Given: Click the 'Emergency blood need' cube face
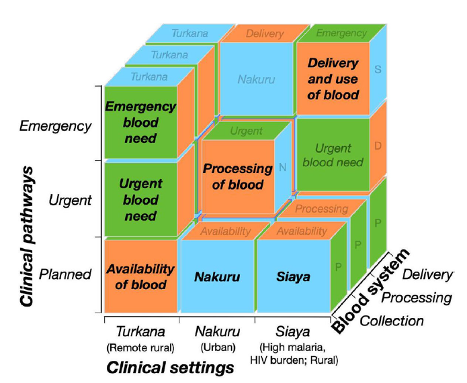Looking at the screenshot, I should coord(140,122).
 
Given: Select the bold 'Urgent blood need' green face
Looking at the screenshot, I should coord(140,200).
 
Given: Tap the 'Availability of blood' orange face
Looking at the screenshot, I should coord(140,276).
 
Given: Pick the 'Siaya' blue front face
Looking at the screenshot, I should coord(292,276).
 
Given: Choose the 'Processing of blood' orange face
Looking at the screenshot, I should coord(237,176).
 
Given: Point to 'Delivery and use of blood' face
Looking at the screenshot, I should coord(333,78).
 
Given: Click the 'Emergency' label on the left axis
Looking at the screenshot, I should coord(55,125).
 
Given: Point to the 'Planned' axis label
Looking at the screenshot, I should coord(65,274).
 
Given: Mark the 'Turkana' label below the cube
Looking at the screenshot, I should coord(140,331).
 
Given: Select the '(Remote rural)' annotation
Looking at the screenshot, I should coord(140,347).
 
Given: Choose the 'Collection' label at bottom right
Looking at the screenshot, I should coord(392,321).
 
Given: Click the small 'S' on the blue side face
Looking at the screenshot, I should coord(378,69).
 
